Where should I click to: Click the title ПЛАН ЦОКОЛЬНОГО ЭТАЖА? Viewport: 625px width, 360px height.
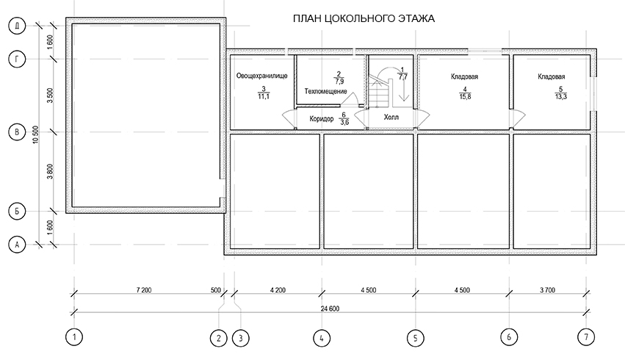click(364, 19)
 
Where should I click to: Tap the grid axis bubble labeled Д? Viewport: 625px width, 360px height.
click(17, 26)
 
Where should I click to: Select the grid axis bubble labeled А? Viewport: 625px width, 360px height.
click(17, 245)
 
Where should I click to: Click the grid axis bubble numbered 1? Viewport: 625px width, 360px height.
click(73, 337)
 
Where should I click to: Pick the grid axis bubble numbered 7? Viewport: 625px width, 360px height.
click(586, 337)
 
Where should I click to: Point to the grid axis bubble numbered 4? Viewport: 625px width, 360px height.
click(321, 339)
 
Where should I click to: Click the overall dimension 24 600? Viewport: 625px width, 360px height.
click(330, 309)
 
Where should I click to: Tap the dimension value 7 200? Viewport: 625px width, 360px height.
click(144, 290)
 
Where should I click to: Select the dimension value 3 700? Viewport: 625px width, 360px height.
click(547, 290)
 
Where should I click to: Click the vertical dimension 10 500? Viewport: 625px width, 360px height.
click(36, 134)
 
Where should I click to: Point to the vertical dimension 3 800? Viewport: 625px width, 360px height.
click(50, 171)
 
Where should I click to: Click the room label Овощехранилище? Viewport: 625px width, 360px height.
click(262, 76)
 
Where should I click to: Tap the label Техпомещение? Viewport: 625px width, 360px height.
click(325, 91)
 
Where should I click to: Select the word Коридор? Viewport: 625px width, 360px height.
click(321, 119)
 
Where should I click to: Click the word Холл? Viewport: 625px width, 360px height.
click(391, 118)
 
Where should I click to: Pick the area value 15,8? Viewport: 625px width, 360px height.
click(465, 96)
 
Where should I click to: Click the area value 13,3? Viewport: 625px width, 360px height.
click(561, 96)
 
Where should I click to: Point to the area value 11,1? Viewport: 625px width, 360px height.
click(264, 96)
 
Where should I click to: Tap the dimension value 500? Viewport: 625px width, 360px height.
click(216, 290)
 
